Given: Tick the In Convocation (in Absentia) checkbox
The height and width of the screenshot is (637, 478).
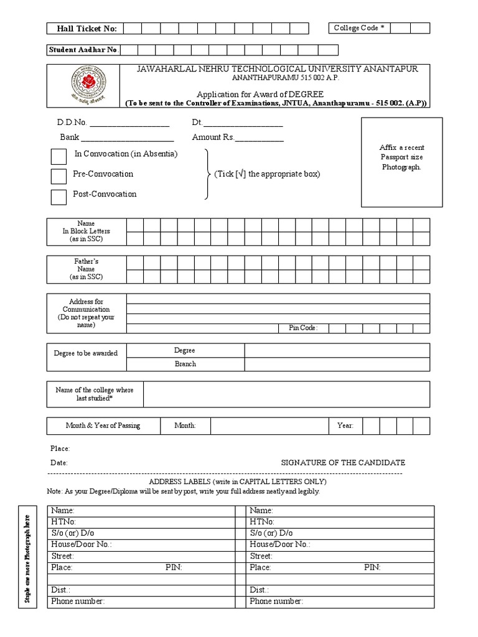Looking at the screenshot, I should pyautogui.click(x=59, y=156).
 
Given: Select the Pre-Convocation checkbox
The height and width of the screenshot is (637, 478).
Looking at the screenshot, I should pyautogui.click(x=59, y=176).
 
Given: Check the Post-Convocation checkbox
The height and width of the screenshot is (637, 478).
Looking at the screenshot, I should pyautogui.click(x=59, y=197).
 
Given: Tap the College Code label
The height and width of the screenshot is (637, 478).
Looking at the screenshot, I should pyautogui.click(x=358, y=28).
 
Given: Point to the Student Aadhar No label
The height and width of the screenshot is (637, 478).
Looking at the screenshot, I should pyautogui.click(x=84, y=50).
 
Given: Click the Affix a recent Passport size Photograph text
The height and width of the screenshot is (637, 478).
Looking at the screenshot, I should pyautogui.click(x=401, y=157).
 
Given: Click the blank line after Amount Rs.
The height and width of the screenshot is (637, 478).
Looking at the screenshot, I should pyautogui.click(x=259, y=137).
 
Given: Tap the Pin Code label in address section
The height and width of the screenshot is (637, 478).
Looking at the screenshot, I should pyautogui.click(x=303, y=328).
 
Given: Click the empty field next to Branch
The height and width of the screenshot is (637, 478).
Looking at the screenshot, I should pyautogui.click(x=336, y=364).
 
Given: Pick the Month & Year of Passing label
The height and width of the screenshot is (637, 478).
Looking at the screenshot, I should pyautogui.click(x=103, y=425).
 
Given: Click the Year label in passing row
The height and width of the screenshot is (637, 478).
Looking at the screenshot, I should pyautogui.click(x=345, y=425).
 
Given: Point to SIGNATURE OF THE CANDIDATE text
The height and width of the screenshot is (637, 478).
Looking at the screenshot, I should pyautogui.click(x=343, y=463).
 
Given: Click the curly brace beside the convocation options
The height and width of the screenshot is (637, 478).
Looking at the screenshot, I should pyautogui.click(x=207, y=174).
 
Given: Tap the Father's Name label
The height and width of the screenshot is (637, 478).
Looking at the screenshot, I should pyautogui.click(x=87, y=269).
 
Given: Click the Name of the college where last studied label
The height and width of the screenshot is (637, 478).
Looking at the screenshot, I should pyautogui.click(x=95, y=394).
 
